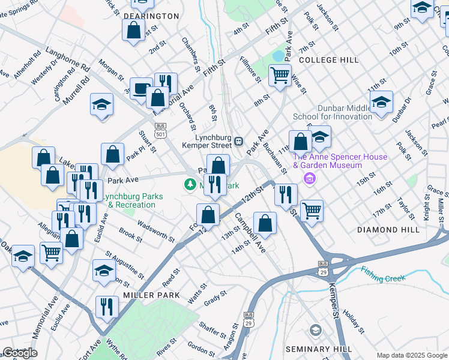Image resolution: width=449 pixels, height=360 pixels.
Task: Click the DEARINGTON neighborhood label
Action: click(x=151, y=16)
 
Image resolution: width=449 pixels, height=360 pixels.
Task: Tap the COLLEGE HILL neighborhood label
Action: click(x=328, y=60)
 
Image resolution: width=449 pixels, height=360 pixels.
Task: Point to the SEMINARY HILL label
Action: click(x=318, y=349)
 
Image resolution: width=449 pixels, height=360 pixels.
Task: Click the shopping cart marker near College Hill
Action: click(x=280, y=76)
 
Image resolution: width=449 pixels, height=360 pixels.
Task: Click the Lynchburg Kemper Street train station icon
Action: click(x=238, y=141)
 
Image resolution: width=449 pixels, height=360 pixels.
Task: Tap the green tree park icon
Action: click(x=190, y=184)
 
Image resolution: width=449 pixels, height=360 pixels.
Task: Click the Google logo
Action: click(x=20, y=353)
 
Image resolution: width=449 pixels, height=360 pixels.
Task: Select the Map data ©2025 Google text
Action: click(x=412, y=355)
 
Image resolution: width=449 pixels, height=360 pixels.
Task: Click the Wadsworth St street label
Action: click(x=156, y=232)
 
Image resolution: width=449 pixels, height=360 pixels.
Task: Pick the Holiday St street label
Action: click(x=354, y=322)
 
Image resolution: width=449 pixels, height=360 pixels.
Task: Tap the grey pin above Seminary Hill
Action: click(x=316, y=330)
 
